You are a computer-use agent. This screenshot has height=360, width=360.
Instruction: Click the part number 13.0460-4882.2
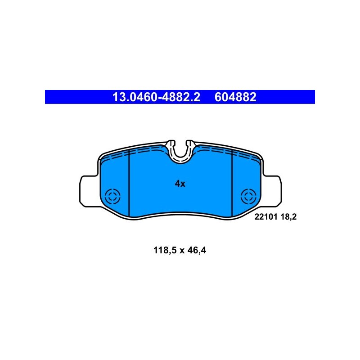click(156, 97)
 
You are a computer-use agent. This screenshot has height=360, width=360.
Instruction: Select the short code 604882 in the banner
click(235, 97)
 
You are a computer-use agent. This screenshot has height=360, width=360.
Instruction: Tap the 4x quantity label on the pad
click(180, 184)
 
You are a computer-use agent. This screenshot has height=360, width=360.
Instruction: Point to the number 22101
click(266, 217)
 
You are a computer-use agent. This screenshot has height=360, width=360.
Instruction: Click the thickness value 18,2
click(288, 217)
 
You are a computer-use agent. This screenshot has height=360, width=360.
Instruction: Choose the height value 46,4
click(197, 250)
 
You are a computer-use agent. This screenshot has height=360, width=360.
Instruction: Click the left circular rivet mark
click(112, 196)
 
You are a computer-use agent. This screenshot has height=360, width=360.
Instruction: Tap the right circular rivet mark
click(249, 196)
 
